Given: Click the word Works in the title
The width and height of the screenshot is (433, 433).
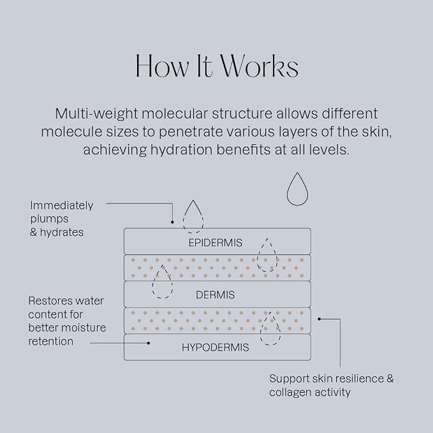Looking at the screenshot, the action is point(260,66).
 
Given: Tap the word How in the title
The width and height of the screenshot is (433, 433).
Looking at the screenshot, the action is point(162,66).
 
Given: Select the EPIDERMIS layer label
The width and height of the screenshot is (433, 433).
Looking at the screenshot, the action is point(216,243).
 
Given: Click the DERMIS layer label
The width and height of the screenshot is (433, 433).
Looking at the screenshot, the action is point(215,295).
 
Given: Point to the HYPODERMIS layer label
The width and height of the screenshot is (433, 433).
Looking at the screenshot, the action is point(216,347).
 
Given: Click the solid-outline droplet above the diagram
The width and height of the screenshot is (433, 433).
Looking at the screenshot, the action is point(297,189).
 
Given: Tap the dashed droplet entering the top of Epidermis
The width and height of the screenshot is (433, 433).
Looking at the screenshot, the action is point(193,216).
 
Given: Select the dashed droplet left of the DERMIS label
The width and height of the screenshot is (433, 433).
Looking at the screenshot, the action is point(163,282).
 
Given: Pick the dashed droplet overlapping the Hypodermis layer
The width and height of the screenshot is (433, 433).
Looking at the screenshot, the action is point(270,328).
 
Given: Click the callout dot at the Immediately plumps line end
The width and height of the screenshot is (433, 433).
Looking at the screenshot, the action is point(172,222).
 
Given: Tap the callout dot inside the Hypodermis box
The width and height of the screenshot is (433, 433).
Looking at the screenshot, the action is point(149,343).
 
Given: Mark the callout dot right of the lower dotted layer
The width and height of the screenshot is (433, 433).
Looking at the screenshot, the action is point(319,319).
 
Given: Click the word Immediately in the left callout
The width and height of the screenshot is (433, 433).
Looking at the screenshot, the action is point(62,206).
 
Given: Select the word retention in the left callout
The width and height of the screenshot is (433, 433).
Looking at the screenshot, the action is point(51,342).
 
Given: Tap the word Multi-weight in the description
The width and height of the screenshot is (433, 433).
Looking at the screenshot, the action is point(96,114).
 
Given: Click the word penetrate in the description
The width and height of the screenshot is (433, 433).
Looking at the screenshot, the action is point(191,132).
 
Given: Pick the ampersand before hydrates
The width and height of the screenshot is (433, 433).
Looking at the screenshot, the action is point(33,232).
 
